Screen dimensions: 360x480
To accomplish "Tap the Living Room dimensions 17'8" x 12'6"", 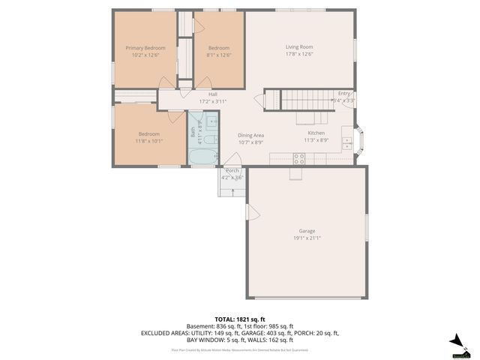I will [x=298, y=54].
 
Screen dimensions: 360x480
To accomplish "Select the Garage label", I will [x=307, y=231].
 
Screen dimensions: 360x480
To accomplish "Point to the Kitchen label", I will [x=316, y=132].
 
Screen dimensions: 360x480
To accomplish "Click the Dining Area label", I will [x=250, y=135].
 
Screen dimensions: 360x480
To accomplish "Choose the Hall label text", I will [x=213, y=94].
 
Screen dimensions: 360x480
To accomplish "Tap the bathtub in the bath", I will [x=201, y=157].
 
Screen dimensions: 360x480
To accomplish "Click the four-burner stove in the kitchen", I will [x=299, y=158].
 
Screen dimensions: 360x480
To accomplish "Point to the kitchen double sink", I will [x=346, y=140].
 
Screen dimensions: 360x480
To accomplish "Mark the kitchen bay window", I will [x=358, y=140].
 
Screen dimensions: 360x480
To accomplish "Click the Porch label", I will [x=232, y=171].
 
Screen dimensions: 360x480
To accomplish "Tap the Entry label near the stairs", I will [x=343, y=94].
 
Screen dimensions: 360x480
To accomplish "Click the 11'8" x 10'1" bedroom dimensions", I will [x=148, y=141].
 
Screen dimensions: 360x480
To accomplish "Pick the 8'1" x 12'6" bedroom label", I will [x=218, y=55].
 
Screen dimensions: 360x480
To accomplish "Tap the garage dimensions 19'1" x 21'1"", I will [x=307, y=238].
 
